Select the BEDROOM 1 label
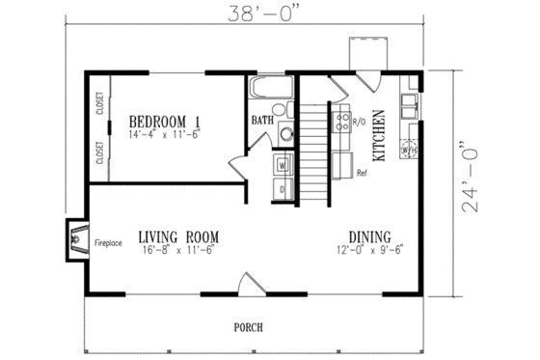coord(166,121)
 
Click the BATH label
coord(261,122)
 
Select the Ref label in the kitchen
coord(363,174)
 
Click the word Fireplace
coord(107,243)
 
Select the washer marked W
coord(283,165)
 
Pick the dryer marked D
coord(283,189)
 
